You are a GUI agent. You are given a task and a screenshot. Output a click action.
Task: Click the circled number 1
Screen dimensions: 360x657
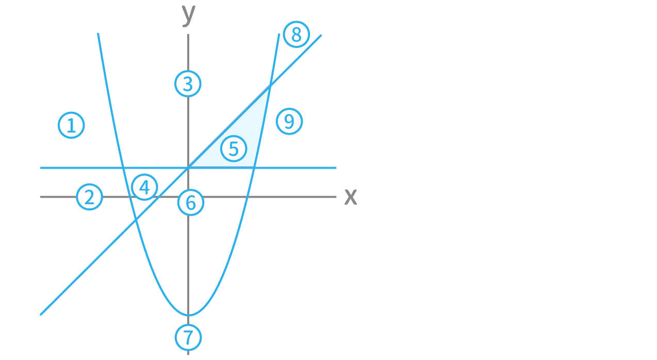(x=71, y=125)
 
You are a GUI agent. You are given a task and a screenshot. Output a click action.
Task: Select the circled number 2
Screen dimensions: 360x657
(x=89, y=197)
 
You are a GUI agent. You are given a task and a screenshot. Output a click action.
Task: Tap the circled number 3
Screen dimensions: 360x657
(x=188, y=84)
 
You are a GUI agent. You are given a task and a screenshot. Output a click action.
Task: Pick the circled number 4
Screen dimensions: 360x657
(x=144, y=187)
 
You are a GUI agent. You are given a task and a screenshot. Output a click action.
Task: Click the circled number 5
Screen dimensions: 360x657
(x=234, y=149)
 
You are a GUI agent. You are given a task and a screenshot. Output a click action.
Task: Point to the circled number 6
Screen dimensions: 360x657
(x=191, y=203)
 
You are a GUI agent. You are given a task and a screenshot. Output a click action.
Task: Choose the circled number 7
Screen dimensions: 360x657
(x=188, y=337)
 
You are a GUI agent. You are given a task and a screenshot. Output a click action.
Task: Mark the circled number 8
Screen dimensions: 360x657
(x=296, y=35)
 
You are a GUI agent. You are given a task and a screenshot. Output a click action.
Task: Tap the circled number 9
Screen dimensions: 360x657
(x=289, y=122)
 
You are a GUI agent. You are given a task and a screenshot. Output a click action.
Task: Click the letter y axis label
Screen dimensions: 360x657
(x=188, y=14)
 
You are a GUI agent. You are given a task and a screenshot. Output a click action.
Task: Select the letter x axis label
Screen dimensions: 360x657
(x=351, y=197)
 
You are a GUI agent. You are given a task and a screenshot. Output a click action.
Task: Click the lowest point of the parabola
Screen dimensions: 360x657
(x=189, y=315)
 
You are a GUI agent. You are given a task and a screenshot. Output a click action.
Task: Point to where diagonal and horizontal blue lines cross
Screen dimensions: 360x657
(x=189, y=168)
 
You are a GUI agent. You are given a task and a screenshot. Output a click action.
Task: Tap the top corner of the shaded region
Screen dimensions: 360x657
(x=269, y=88)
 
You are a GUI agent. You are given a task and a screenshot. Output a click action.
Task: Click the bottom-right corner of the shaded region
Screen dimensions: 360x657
(x=254, y=168)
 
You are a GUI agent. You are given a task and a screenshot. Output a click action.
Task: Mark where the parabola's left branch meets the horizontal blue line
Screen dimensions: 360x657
(x=124, y=168)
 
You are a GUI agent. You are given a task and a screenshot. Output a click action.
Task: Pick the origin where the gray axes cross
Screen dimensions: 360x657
(x=188, y=197)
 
